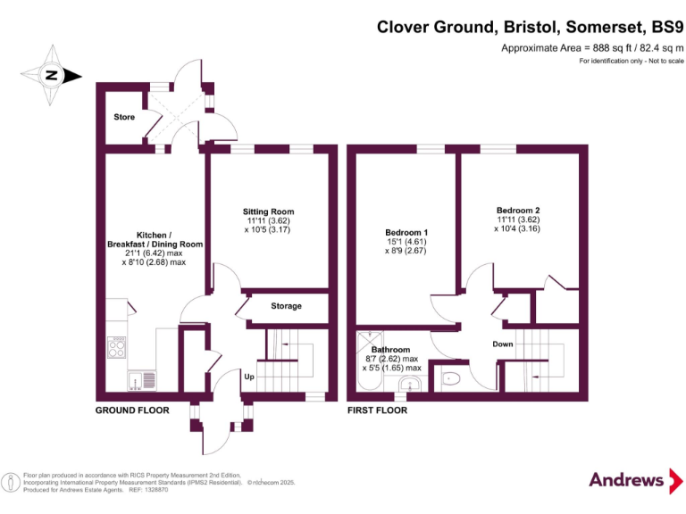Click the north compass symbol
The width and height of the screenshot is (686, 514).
pyautogui.click(x=50, y=76)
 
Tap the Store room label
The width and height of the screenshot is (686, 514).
pyautogui.click(x=124, y=117)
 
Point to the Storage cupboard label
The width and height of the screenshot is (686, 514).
pyautogui.click(x=286, y=306)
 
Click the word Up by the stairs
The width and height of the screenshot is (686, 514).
pyautogui.click(x=252, y=377)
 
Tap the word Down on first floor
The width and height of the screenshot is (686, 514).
pyautogui.click(x=502, y=344)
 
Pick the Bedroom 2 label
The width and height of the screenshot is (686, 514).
pyautogui.click(x=518, y=211)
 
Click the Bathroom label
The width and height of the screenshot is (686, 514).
pyautogui.click(x=390, y=350)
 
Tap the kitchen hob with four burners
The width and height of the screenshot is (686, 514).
pyautogui.click(x=116, y=346)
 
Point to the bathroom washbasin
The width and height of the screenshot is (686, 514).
pyautogui.click(x=409, y=384)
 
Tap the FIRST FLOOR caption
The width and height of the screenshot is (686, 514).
pyautogui.click(x=377, y=410)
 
